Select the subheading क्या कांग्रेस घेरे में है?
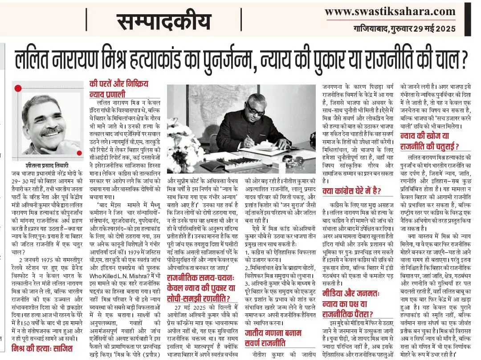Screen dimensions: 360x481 pos(352,191)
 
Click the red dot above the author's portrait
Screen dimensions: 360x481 pos(18,89)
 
